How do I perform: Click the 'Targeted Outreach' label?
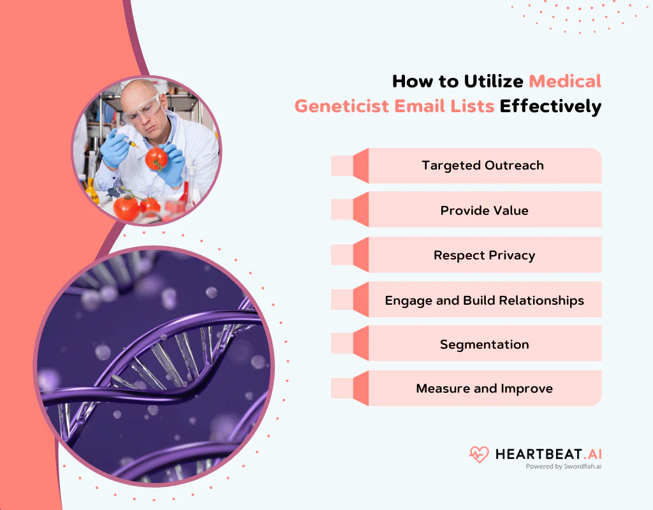(x=483, y=166)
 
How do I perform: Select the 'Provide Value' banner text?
(x=484, y=210)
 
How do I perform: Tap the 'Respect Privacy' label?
(x=484, y=255)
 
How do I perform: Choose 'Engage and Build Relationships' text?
(x=484, y=300)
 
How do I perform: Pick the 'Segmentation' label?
(x=484, y=344)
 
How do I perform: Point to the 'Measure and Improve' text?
(x=484, y=388)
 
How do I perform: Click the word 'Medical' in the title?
(x=565, y=82)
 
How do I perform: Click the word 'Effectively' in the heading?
(x=550, y=106)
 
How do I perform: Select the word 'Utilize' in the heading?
(x=491, y=82)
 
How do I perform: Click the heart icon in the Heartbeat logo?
(x=478, y=455)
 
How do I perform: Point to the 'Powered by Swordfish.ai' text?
(x=563, y=467)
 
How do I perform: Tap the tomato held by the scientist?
(x=156, y=158)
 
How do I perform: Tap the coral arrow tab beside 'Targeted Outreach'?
(x=360, y=166)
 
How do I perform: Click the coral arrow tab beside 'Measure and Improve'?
(x=360, y=388)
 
